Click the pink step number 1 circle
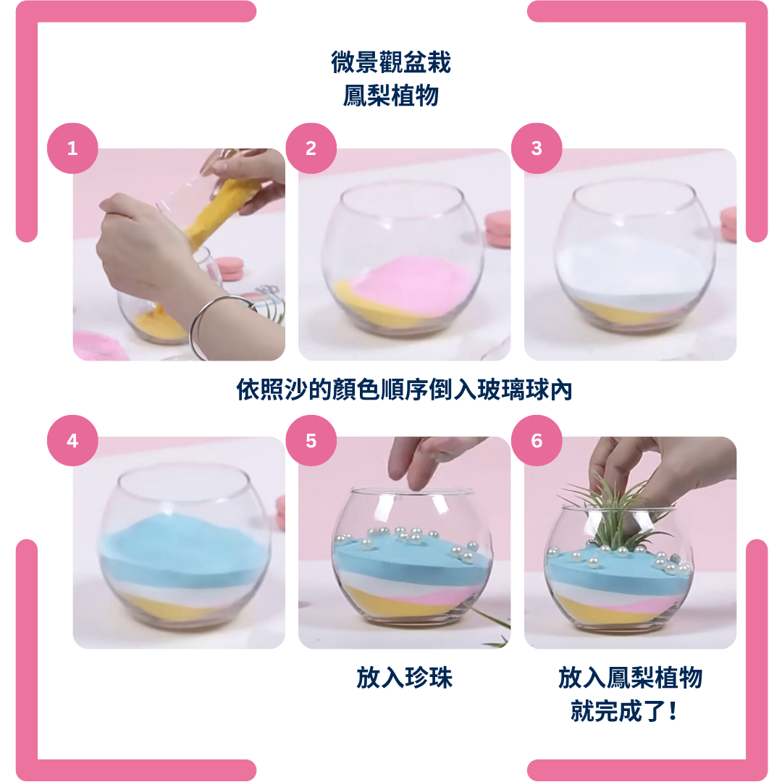pyautogui.click(x=72, y=148)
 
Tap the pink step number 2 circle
pyautogui.click(x=311, y=148)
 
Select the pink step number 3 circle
pyautogui.click(x=537, y=148)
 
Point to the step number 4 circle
pyautogui.click(x=72, y=440)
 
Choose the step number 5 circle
pyautogui.click(x=311, y=440)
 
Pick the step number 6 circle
pyautogui.click(x=537, y=440)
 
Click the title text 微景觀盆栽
pyautogui.click(x=391, y=62)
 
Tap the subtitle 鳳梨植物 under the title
pyautogui.click(x=391, y=96)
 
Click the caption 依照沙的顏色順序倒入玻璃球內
pyautogui.click(x=404, y=390)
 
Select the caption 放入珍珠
pyautogui.click(x=404, y=678)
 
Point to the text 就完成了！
pyautogui.click(x=624, y=711)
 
